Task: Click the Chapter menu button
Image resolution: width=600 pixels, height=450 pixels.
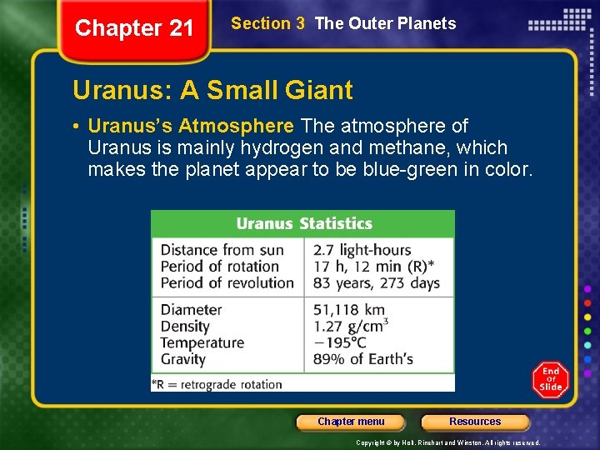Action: pos(351,422)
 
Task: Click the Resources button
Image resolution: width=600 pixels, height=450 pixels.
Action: pos(475,422)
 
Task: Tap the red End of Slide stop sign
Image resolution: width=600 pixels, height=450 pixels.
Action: pos(551,380)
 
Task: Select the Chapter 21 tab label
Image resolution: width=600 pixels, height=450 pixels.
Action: pos(134,28)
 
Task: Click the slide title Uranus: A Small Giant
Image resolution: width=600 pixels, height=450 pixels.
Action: pos(212,90)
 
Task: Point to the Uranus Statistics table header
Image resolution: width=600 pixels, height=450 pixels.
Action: pos(303,223)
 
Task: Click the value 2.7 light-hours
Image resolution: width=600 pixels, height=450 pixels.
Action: pos(362,250)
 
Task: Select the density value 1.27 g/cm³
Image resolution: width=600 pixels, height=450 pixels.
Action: pos(350,326)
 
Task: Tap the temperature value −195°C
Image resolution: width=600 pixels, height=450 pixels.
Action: pos(340,342)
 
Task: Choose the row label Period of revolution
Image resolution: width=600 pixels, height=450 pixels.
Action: pos(227,283)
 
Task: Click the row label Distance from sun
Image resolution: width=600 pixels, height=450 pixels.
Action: pos(222,250)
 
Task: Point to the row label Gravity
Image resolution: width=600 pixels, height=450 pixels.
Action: pos(182,359)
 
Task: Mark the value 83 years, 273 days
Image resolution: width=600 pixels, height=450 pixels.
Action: pos(376,283)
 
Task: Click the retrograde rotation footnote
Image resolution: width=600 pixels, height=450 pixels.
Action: pos(217,384)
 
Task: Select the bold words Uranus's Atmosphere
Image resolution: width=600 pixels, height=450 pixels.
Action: pos(191,127)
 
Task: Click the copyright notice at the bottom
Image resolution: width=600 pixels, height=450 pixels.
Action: pos(447,442)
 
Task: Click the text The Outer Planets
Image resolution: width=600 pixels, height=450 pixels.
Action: pos(386,23)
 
